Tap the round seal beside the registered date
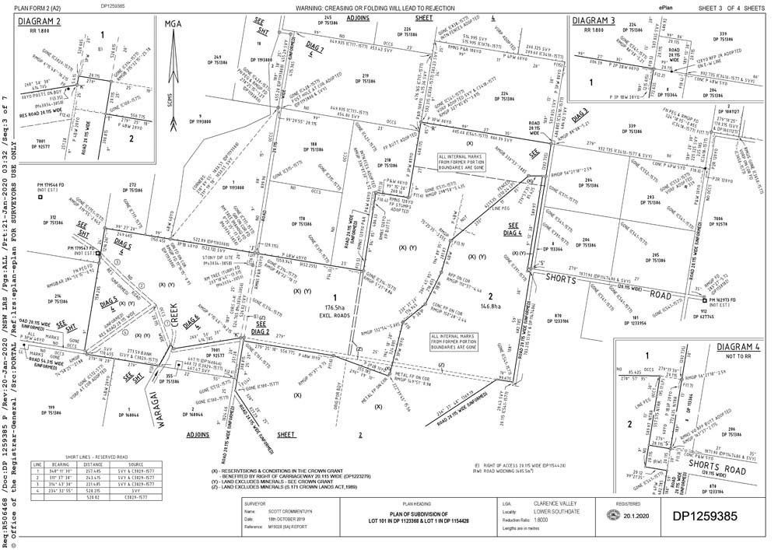(612, 516)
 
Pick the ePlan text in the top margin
(665, 6)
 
